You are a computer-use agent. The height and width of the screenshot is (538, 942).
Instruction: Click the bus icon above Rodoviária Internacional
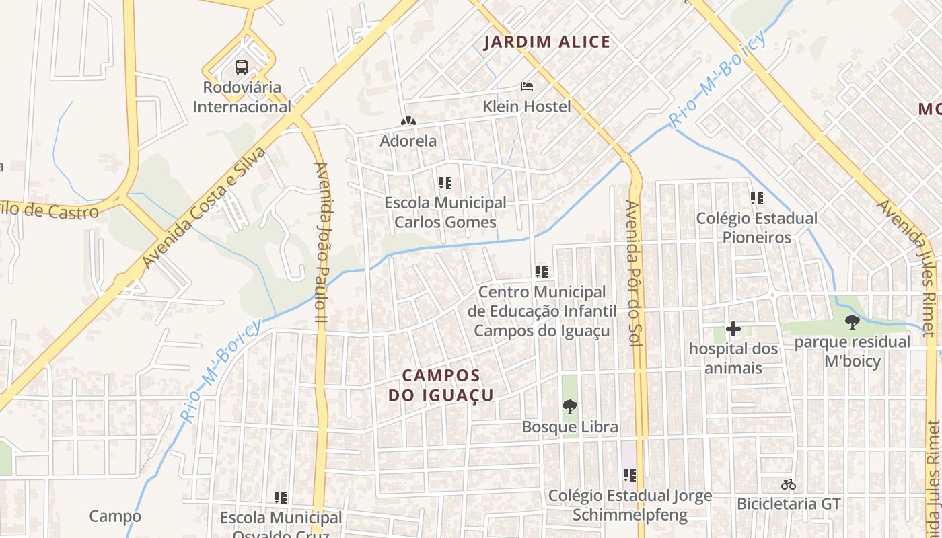[242, 67]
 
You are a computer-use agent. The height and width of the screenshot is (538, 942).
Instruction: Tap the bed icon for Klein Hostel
[527, 87]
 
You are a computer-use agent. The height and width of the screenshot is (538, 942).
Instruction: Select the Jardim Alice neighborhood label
[546, 42]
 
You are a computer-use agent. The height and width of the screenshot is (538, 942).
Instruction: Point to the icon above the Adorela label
[408, 122]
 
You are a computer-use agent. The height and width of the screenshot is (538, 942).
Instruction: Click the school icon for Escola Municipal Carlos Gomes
[445, 182]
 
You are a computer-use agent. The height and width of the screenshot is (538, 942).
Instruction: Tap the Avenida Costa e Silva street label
[204, 207]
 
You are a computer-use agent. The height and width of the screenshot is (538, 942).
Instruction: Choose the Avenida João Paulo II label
[320, 245]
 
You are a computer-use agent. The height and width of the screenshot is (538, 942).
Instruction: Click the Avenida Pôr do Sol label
[631, 273]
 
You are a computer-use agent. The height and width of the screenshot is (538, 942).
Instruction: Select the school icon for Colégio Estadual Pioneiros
[757, 198]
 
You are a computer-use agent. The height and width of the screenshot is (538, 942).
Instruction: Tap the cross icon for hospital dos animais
[733, 329]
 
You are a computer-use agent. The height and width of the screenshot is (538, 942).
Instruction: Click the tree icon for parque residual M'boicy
[852, 322]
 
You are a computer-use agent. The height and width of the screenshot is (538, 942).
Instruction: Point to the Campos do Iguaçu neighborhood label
[441, 385]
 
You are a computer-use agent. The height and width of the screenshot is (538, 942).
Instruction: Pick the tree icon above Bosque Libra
[569, 407]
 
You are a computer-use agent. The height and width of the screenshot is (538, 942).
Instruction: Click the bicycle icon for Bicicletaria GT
[789, 484]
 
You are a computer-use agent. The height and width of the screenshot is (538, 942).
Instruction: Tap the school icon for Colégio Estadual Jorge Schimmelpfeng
[630, 476]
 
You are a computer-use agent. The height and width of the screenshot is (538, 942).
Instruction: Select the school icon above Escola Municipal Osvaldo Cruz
[281, 498]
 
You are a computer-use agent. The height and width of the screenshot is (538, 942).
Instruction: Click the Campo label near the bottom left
[115, 516]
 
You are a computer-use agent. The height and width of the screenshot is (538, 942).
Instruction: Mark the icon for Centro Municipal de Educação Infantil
[542, 272]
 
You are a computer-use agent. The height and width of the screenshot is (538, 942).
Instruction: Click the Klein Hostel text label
[526, 106]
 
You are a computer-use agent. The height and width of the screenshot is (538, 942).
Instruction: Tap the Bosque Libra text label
[569, 427]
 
